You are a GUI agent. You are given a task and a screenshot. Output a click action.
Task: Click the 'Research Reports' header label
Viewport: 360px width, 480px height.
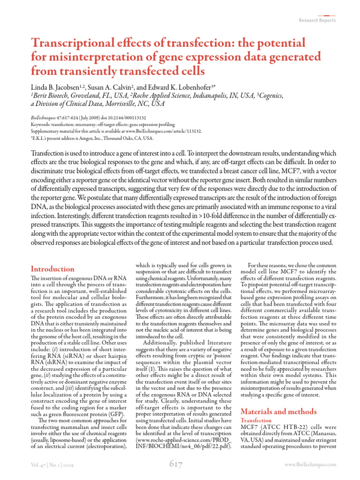317,20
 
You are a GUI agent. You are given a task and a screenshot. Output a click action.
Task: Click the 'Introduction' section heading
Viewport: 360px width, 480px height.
52,269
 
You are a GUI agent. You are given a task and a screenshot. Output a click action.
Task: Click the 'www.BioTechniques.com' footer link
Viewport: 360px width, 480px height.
311,464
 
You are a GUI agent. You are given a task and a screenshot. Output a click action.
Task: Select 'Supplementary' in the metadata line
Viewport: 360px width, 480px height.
48,132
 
